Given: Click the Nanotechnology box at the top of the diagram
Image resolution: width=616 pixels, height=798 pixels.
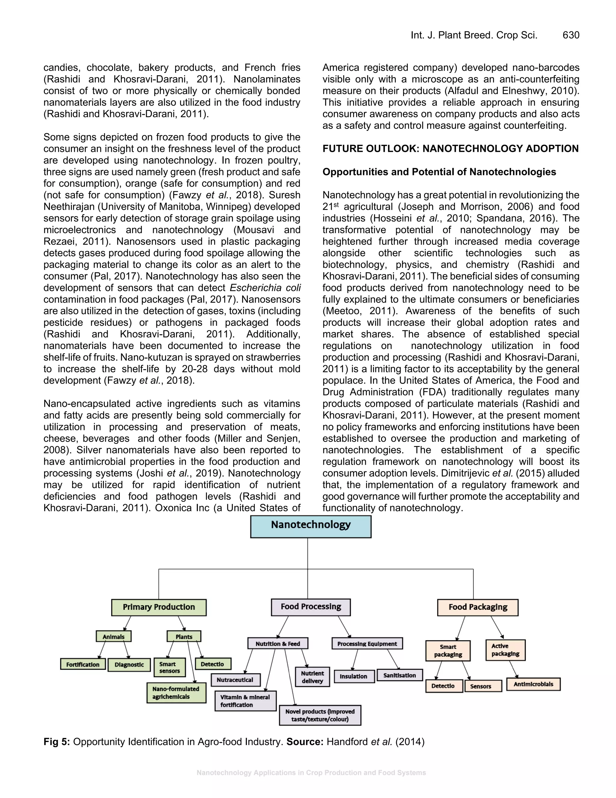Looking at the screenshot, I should point(310,526).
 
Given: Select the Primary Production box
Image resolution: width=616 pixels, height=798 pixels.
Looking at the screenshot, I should point(159,607).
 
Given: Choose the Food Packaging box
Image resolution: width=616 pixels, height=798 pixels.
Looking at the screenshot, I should point(478,607).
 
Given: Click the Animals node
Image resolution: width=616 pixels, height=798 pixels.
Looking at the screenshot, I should point(113,637).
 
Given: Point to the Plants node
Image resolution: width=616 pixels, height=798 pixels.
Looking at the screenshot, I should point(183,637).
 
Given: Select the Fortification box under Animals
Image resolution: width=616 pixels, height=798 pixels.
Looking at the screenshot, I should point(83,664).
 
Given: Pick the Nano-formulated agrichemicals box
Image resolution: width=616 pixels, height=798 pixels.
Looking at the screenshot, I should point(176,693).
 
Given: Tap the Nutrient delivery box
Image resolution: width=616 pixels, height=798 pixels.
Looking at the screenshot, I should point(313,677).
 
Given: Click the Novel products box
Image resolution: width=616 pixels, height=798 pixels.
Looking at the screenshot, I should point(320,715).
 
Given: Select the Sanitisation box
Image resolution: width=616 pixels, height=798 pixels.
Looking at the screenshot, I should point(400,675).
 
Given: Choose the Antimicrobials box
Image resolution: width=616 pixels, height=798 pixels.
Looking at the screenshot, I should point(533,684).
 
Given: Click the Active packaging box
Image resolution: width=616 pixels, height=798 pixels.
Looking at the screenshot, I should point(505,650).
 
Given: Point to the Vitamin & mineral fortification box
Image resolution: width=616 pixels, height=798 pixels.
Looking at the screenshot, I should point(245,701).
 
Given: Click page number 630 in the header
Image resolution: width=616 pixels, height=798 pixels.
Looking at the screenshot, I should point(571,35).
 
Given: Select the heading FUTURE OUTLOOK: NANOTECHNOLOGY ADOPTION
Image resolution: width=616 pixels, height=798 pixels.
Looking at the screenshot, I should point(450,149).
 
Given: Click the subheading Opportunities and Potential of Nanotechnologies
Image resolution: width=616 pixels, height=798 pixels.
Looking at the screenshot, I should point(439,172).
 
